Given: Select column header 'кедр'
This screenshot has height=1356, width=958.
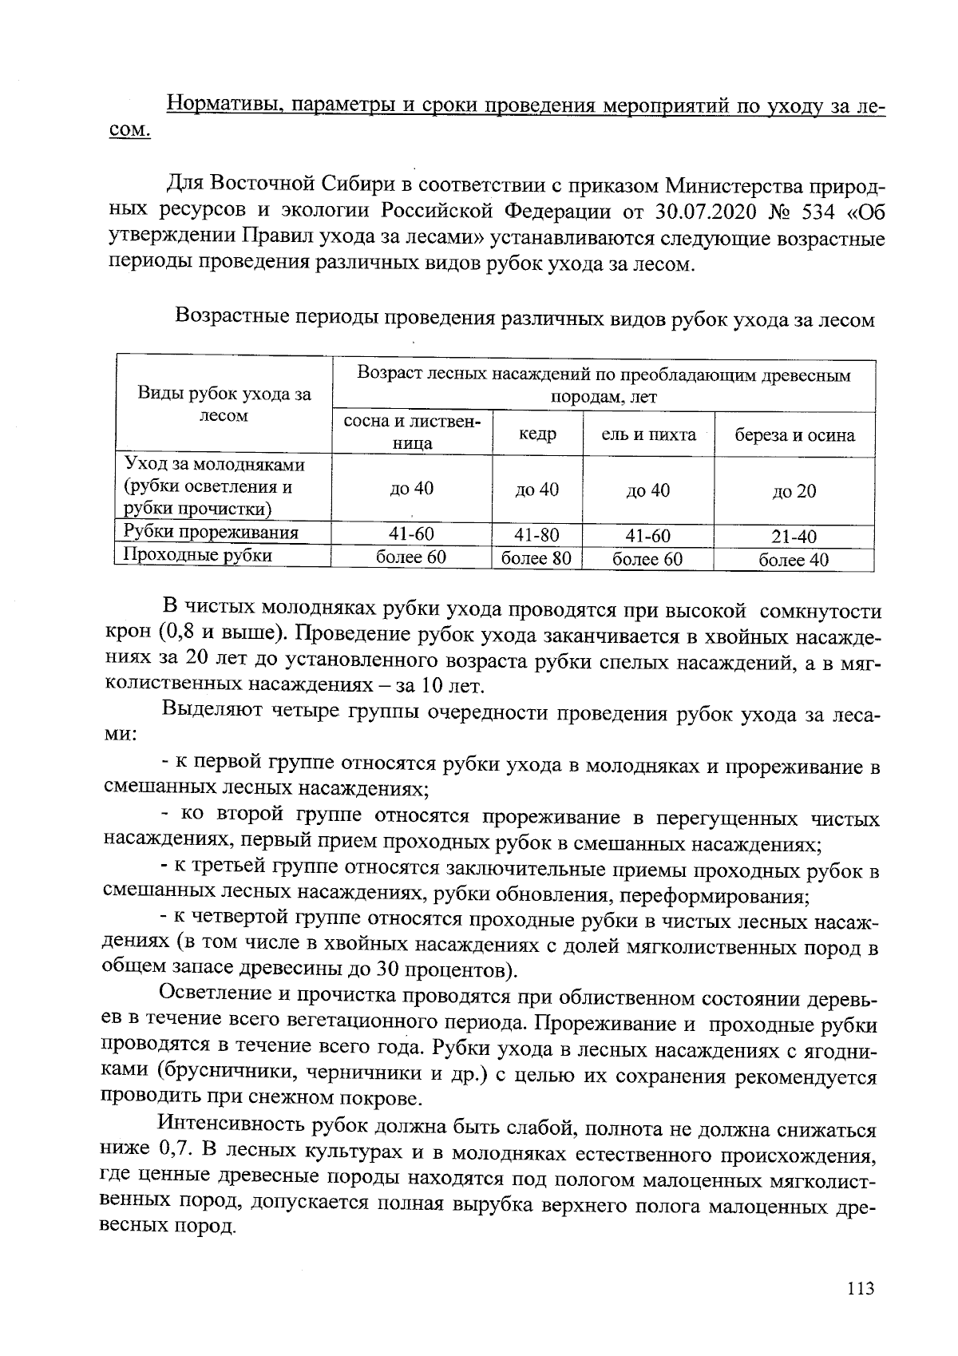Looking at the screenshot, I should (x=537, y=434).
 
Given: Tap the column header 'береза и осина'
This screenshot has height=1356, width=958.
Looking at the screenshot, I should (x=794, y=435).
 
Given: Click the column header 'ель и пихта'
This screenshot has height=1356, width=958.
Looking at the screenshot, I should (x=648, y=434).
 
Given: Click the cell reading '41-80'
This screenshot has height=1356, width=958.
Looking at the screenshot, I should (x=536, y=535).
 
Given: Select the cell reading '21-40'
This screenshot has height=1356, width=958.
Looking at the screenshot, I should (x=794, y=537).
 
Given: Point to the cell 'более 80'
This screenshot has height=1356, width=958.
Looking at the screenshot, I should (x=536, y=557).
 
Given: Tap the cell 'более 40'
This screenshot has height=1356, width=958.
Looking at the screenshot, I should (x=794, y=559).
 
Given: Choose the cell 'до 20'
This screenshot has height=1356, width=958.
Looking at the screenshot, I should (x=794, y=491).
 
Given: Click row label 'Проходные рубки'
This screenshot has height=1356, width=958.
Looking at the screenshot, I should (x=198, y=555).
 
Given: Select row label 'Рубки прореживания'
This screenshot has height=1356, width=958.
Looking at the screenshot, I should (x=211, y=533).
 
